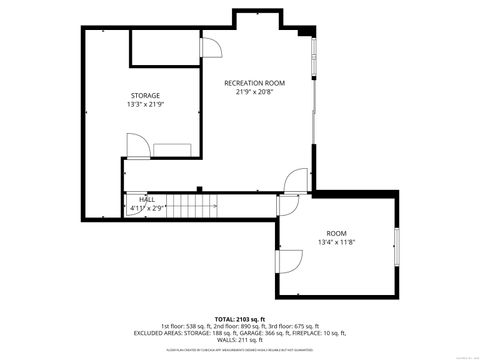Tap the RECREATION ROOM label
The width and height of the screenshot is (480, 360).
254,82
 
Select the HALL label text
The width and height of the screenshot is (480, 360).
147,200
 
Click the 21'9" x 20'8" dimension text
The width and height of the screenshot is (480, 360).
254,92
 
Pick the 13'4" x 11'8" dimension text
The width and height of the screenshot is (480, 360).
336,241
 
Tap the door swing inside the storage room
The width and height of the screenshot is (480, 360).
139,146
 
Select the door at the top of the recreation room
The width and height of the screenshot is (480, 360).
211,47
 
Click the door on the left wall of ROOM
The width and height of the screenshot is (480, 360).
287,261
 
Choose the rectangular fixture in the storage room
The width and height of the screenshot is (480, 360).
176,149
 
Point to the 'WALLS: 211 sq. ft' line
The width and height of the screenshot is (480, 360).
239,341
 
